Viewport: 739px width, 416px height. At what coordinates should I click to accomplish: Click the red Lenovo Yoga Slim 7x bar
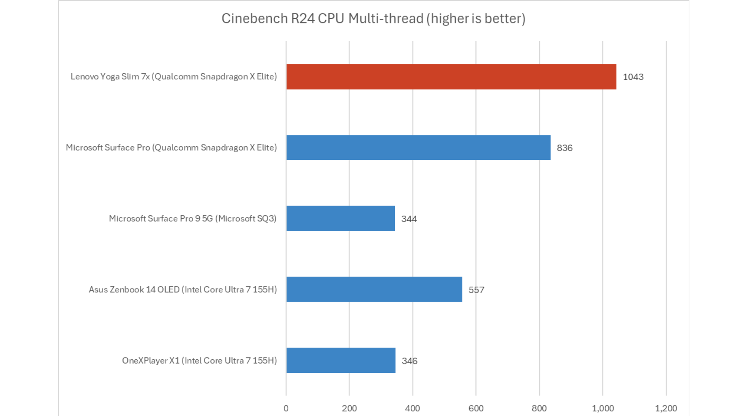point(451,77)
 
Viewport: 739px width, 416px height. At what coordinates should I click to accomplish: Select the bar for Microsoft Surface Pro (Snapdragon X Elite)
point(418,148)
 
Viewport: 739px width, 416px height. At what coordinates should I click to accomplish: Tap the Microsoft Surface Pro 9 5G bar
point(341,218)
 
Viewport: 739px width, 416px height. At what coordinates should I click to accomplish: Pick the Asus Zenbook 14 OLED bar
point(374,289)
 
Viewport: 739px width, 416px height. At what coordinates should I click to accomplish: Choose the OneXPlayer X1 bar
point(341,361)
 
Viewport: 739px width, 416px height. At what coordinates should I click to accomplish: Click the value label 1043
point(633,77)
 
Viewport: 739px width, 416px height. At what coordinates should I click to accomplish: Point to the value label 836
point(565,148)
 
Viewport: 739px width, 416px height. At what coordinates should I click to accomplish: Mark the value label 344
point(409,219)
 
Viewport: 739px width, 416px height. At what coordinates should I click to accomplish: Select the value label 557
point(476,290)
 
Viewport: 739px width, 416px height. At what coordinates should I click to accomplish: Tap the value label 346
point(410,361)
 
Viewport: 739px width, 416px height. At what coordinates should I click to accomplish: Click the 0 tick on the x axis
point(286,408)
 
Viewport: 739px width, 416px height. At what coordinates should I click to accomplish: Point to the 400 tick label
point(412,408)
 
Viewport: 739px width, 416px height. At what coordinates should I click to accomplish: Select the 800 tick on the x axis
point(539,408)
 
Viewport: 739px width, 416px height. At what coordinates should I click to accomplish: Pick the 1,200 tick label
point(666,408)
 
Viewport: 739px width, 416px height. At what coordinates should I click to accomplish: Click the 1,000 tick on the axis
point(602,408)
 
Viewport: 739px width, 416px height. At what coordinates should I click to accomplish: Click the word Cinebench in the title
point(254,18)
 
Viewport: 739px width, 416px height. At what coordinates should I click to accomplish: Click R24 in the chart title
point(303,18)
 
